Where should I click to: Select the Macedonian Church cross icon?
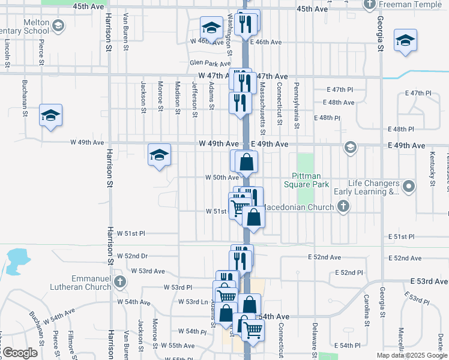(343, 207)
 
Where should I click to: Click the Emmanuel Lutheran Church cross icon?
(120, 281)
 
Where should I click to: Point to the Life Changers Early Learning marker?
(409, 187)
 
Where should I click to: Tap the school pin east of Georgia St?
(405, 41)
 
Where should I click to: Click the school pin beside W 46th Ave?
(211, 28)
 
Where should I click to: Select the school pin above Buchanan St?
(50, 116)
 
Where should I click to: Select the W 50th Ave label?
(222, 178)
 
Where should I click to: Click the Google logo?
(19, 353)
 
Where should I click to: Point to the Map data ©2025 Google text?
(412, 355)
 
